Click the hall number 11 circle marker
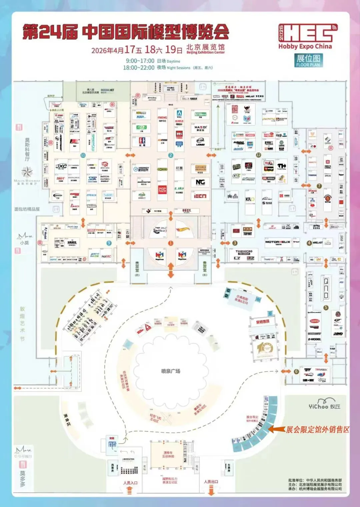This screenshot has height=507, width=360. point(83,155)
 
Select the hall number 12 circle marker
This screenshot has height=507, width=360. point(258,155)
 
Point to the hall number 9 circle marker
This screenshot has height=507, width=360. point(109,243)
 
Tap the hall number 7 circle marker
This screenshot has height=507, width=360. point(319,186)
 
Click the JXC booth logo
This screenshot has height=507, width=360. point(61,167)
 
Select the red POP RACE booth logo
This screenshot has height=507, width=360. point(162,189)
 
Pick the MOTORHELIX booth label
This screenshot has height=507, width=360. point(278,242)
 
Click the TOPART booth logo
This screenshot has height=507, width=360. point(247,234)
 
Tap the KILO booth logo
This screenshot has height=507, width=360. point(250,199)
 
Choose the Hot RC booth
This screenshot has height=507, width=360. point(106,256)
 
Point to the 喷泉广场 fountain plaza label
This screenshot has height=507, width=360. point(171,371)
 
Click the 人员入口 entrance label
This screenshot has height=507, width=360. point(130,483)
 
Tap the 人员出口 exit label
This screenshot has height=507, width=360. point(211,482)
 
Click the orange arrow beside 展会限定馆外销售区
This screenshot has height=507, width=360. point(277,429)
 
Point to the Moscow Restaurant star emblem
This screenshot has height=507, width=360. point(27,172)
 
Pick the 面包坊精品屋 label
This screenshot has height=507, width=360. point(27,209)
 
